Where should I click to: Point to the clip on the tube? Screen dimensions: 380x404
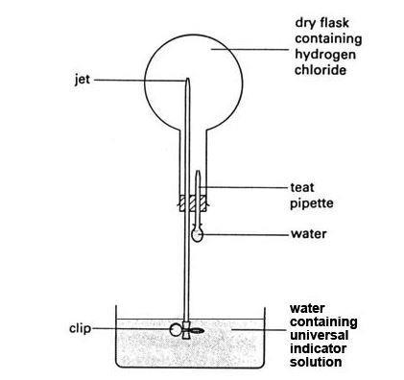click(178, 329)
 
